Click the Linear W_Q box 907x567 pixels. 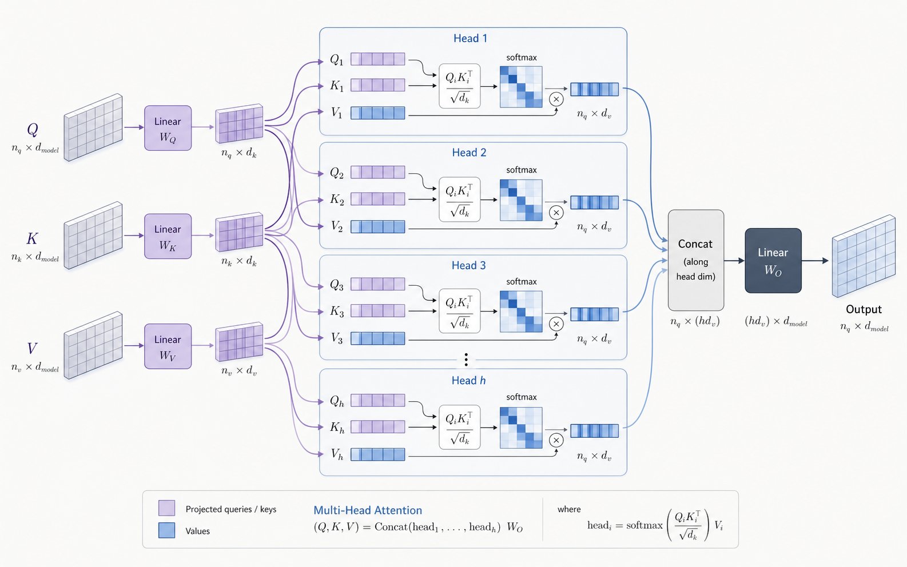pos(168,128)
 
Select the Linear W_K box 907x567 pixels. pos(168,236)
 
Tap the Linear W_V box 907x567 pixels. pos(168,346)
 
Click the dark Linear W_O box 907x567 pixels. pos(773,260)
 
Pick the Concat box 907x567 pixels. pos(695,260)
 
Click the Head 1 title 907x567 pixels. pos(470,38)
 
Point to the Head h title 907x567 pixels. pos(468,381)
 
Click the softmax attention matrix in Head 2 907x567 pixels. pos(521,200)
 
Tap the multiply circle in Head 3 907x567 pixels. pos(556,324)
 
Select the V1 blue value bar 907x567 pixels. pos(377,113)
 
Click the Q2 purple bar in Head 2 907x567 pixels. pos(377,172)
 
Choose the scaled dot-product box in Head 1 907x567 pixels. pos(460,86)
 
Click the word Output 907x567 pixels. pos(864,309)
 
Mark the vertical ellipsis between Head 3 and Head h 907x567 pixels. pos(466,360)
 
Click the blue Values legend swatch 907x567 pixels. pos(166,530)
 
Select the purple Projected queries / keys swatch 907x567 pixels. pos(166,508)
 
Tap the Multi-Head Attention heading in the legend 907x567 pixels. pos(368,510)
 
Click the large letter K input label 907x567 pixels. pos(32,238)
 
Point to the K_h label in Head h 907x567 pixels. pos(337,428)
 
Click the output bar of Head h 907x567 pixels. pos(594,431)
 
